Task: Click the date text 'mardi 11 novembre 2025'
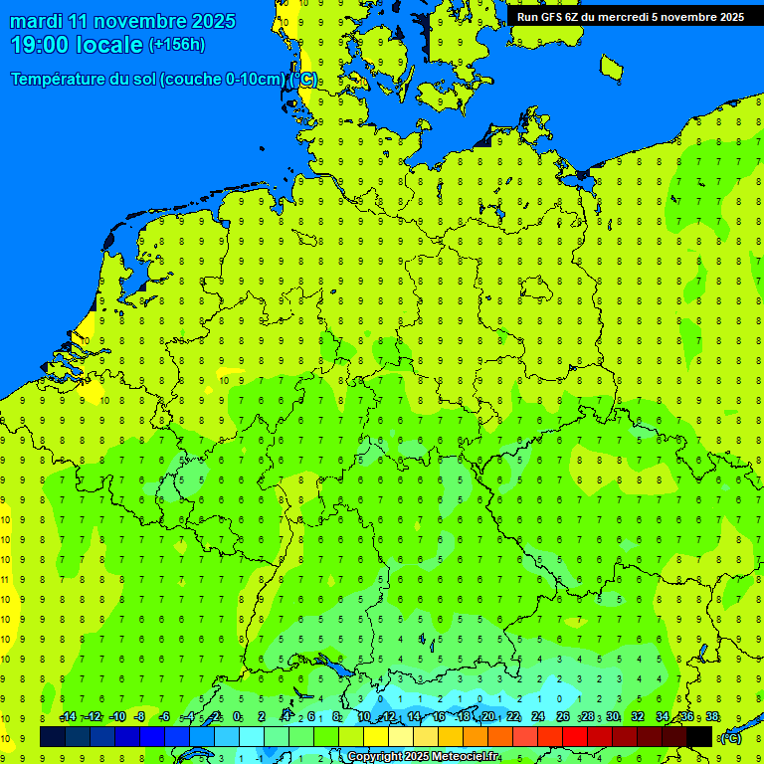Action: (x=123, y=21)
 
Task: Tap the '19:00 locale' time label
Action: (x=77, y=45)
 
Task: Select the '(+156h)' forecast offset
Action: (x=176, y=45)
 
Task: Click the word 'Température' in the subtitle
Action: (x=58, y=80)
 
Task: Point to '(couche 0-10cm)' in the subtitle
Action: (x=223, y=80)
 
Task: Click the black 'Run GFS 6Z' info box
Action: (x=629, y=16)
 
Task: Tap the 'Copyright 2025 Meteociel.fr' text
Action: (x=423, y=757)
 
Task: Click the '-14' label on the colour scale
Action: (x=68, y=717)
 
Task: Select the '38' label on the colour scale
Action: (x=712, y=717)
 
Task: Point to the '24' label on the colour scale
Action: (x=538, y=717)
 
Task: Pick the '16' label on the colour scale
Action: (x=440, y=717)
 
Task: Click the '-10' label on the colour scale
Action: (x=116, y=717)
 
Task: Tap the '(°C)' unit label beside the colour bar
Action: (x=730, y=737)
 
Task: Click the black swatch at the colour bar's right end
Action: (x=699, y=736)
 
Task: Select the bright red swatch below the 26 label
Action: (x=575, y=736)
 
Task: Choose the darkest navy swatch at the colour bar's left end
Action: (x=53, y=736)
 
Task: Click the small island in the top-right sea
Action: (x=611, y=67)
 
